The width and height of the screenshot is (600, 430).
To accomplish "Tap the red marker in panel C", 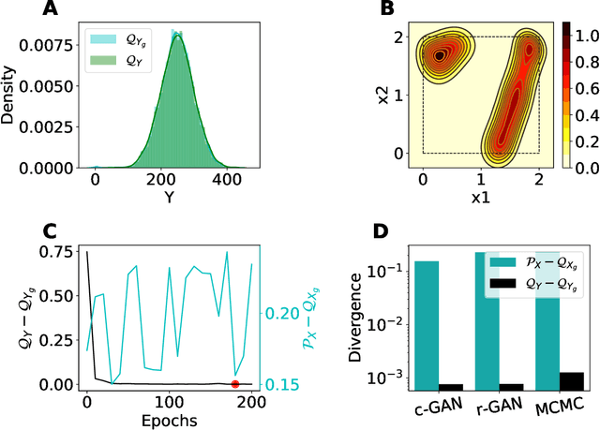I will pyautogui.click(x=234, y=383).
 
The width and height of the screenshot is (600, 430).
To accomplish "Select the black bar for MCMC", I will pyautogui.click(x=571, y=379).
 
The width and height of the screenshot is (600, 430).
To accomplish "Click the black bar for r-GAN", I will pyautogui.click(x=511, y=385).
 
